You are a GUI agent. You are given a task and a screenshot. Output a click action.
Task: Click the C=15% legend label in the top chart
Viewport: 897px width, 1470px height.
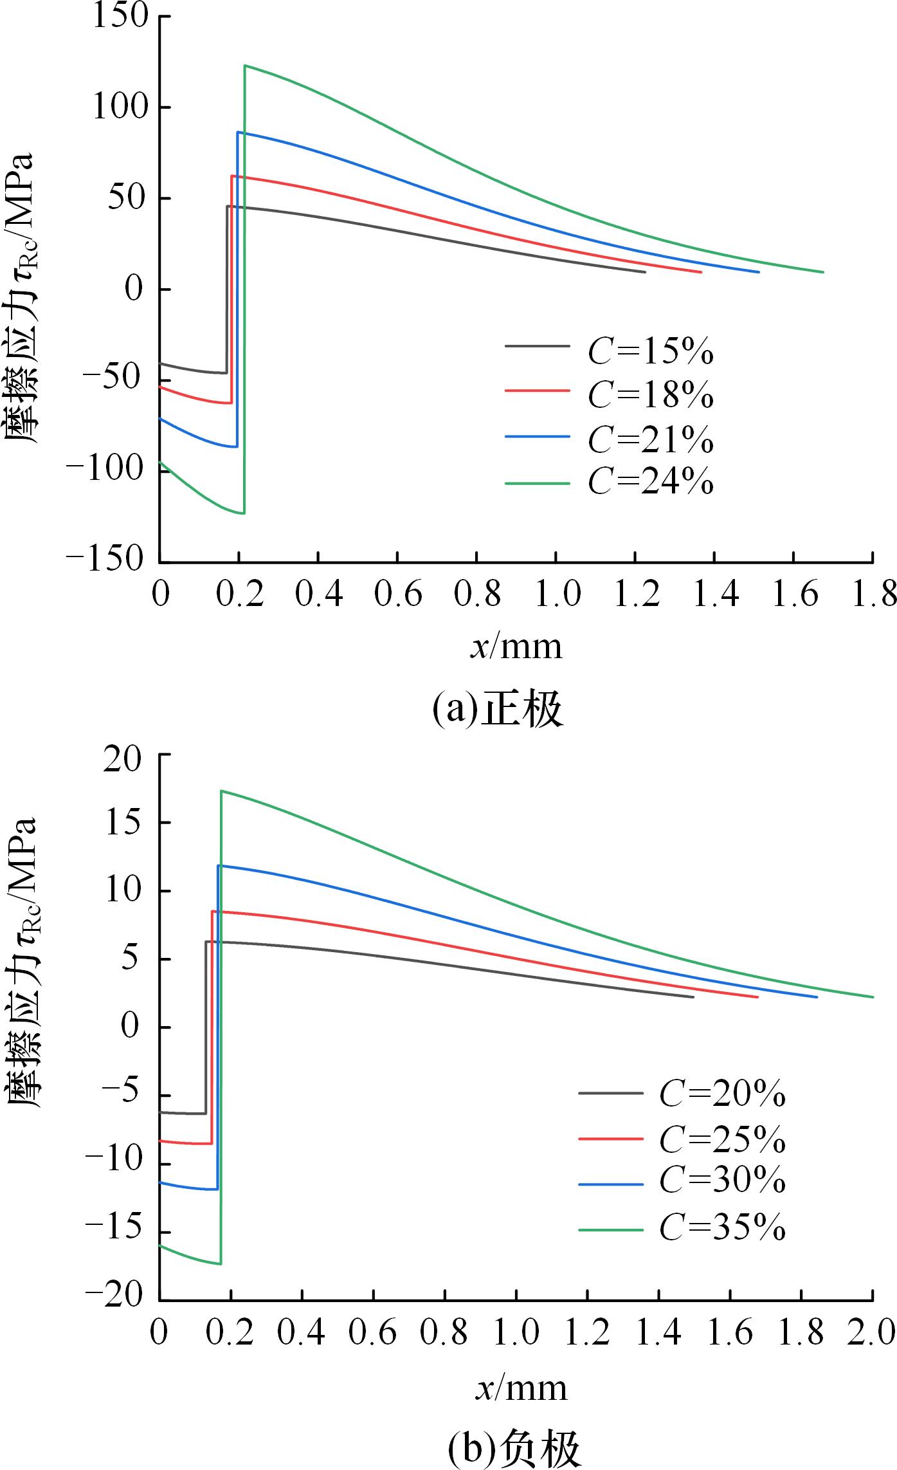pos(650,351)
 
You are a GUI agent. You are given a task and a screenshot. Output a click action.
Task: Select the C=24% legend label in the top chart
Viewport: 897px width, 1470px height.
pos(650,482)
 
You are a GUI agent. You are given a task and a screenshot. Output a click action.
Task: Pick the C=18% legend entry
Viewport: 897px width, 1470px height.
pos(650,394)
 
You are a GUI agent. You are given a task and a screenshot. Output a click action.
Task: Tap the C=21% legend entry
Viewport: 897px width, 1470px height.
pos(650,439)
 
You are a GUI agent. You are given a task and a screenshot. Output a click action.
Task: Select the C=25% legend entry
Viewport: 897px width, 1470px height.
pos(722,1139)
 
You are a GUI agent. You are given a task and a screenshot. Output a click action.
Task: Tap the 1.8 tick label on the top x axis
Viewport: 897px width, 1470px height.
pos(871,594)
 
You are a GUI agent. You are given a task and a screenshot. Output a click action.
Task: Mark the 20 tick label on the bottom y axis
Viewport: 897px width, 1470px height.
pos(125,753)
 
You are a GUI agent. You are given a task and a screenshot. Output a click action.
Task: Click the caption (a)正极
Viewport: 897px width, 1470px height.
pos(497,710)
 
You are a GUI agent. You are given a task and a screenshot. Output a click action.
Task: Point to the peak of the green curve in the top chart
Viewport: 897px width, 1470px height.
pos(245,66)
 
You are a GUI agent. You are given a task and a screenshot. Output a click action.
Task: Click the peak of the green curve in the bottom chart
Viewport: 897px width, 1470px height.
pos(221,791)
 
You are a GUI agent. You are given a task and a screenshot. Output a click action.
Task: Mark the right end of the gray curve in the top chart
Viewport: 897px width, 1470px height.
pos(644,272)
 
